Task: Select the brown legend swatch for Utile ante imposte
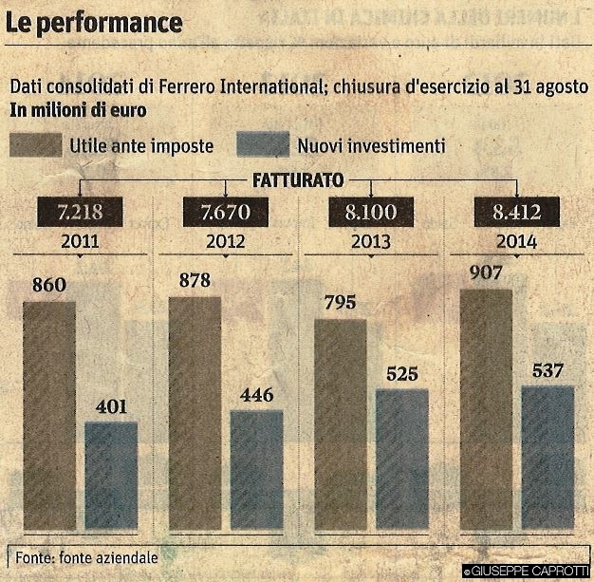[x=35, y=146]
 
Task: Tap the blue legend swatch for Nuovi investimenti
[x=262, y=146]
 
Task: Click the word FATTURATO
[x=297, y=178]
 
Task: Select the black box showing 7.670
[x=225, y=211]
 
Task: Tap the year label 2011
[x=80, y=240]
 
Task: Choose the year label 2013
[x=369, y=240]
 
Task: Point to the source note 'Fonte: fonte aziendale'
[x=86, y=557]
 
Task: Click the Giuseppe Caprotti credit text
[x=528, y=572]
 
